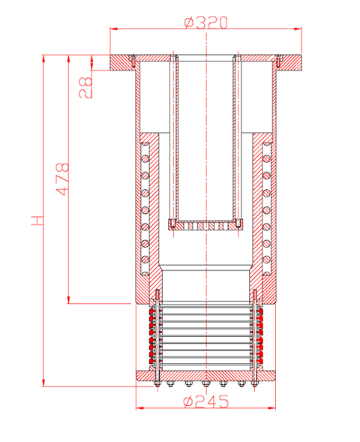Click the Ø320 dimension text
tap(205, 23)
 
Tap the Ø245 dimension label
tap(206, 401)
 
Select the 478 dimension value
tap(62, 179)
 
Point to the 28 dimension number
tap(85, 88)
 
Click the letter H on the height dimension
tap(37, 221)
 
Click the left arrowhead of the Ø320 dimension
tap(113, 29)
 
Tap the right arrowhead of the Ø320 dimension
tap(298, 29)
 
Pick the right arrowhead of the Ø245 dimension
tap(271, 408)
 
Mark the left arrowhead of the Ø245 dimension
tap(140, 408)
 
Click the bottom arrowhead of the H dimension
tap(43, 383)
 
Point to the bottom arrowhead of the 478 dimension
tap(68, 300)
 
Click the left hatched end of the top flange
tap(121, 62)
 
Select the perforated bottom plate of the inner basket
tap(206, 226)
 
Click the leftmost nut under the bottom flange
tap(157, 383)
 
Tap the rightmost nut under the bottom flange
tap(255, 383)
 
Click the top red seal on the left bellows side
tap(152, 311)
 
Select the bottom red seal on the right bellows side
tap(259, 361)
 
